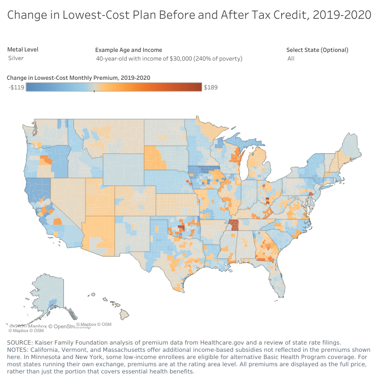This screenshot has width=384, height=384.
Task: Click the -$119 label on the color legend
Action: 16,87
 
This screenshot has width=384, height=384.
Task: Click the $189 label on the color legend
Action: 211,87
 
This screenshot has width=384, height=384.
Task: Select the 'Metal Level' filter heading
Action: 23,50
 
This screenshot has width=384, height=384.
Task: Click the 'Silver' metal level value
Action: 16,58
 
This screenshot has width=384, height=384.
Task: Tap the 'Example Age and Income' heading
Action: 128,50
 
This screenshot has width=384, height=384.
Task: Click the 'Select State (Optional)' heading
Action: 317,50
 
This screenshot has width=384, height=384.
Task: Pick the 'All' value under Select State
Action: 291,59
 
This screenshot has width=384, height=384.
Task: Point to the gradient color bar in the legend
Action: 113,87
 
